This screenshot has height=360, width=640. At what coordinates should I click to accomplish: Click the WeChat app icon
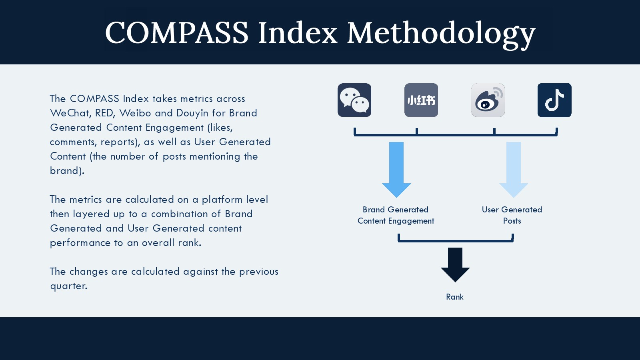click(354, 100)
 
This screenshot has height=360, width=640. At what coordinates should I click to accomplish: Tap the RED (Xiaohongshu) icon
click(421, 100)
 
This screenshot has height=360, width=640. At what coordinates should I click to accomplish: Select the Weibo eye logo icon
click(488, 100)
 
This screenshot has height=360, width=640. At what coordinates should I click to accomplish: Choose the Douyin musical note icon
click(554, 100)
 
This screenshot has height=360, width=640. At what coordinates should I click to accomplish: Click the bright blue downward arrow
click(396, 170)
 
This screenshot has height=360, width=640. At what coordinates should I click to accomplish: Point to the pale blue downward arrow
click(514, 170)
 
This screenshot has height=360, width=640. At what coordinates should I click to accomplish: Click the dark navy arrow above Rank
click(455, 265)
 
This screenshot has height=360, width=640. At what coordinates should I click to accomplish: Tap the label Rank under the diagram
click(455, 297)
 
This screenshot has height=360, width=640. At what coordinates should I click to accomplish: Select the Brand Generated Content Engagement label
click(396, 215)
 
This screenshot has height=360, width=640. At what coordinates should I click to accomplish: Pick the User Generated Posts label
click(512, 215)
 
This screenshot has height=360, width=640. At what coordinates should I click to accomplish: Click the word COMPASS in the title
click(177, 32)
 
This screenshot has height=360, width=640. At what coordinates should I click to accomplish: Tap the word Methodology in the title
click(442, 34)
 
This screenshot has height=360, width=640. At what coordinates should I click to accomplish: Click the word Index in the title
click(298, 32)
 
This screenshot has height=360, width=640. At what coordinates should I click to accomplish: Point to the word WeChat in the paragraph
click(71, 113)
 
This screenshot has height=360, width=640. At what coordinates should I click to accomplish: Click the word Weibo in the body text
click(135, 113)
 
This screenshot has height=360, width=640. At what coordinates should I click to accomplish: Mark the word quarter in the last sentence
click(68, 286)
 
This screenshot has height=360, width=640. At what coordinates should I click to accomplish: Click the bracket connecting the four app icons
click(456, 134)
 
